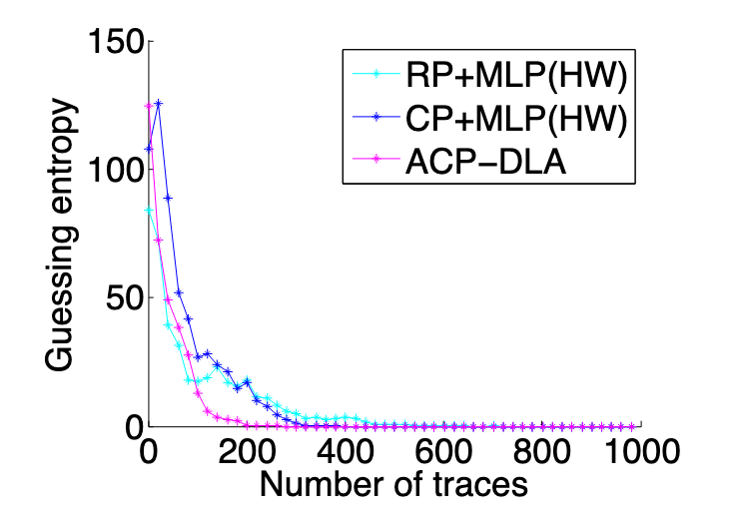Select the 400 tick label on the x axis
click(x=345, y=451)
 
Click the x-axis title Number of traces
click(x=393, y=486)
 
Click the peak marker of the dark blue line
click(x=158, y=103)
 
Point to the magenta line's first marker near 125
click(x=149, y=106)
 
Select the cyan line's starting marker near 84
click(x=149, y=211)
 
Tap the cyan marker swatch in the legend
click(x=370, y=75)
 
